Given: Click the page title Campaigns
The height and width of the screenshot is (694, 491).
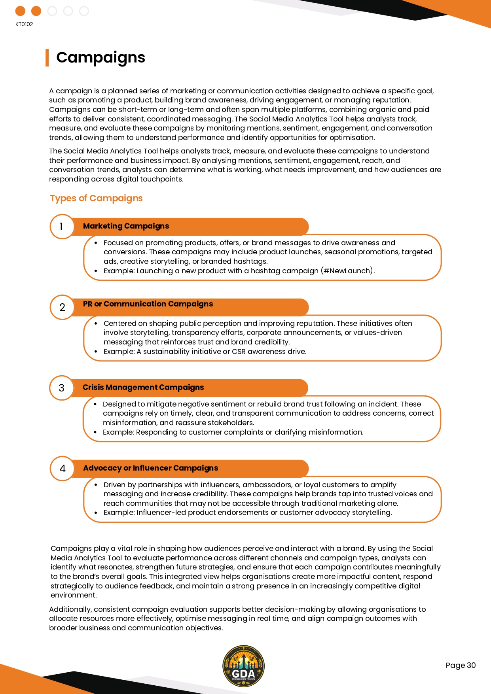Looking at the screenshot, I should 100,58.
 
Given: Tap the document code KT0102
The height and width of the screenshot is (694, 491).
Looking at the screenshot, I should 24,24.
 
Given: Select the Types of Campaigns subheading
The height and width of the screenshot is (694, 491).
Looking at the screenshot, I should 96,198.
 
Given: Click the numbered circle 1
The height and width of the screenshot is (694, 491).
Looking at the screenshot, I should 61,227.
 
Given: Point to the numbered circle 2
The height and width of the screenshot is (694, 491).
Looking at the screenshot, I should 62,307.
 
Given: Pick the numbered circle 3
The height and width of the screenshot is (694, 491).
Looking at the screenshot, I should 61,388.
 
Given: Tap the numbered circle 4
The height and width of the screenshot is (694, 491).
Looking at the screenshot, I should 62,469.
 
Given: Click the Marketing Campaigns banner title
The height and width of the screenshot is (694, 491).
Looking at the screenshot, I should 126,226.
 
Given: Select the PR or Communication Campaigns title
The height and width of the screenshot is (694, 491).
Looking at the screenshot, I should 148,304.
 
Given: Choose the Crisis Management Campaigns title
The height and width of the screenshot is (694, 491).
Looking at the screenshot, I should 143,388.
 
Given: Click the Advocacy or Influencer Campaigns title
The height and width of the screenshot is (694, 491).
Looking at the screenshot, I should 150,468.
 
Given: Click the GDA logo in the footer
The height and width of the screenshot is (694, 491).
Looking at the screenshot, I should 243,666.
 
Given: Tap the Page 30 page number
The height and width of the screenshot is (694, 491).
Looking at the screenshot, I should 460,665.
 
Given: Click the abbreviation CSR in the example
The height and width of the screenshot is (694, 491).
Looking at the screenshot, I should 239,352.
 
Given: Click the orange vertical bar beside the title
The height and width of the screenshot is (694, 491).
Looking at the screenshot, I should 47,58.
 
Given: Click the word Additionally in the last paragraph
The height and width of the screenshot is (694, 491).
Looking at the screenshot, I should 70,609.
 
